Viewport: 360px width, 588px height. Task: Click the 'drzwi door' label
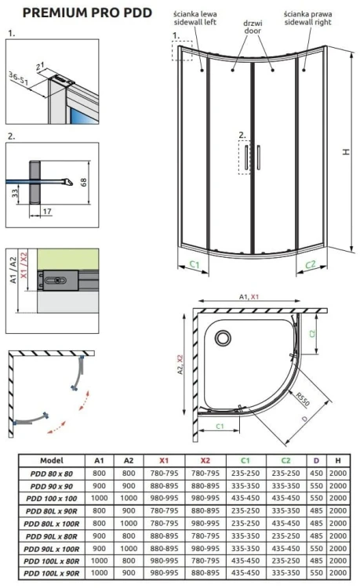pos(251,17)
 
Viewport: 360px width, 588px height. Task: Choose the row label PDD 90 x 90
pos(56,486)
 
